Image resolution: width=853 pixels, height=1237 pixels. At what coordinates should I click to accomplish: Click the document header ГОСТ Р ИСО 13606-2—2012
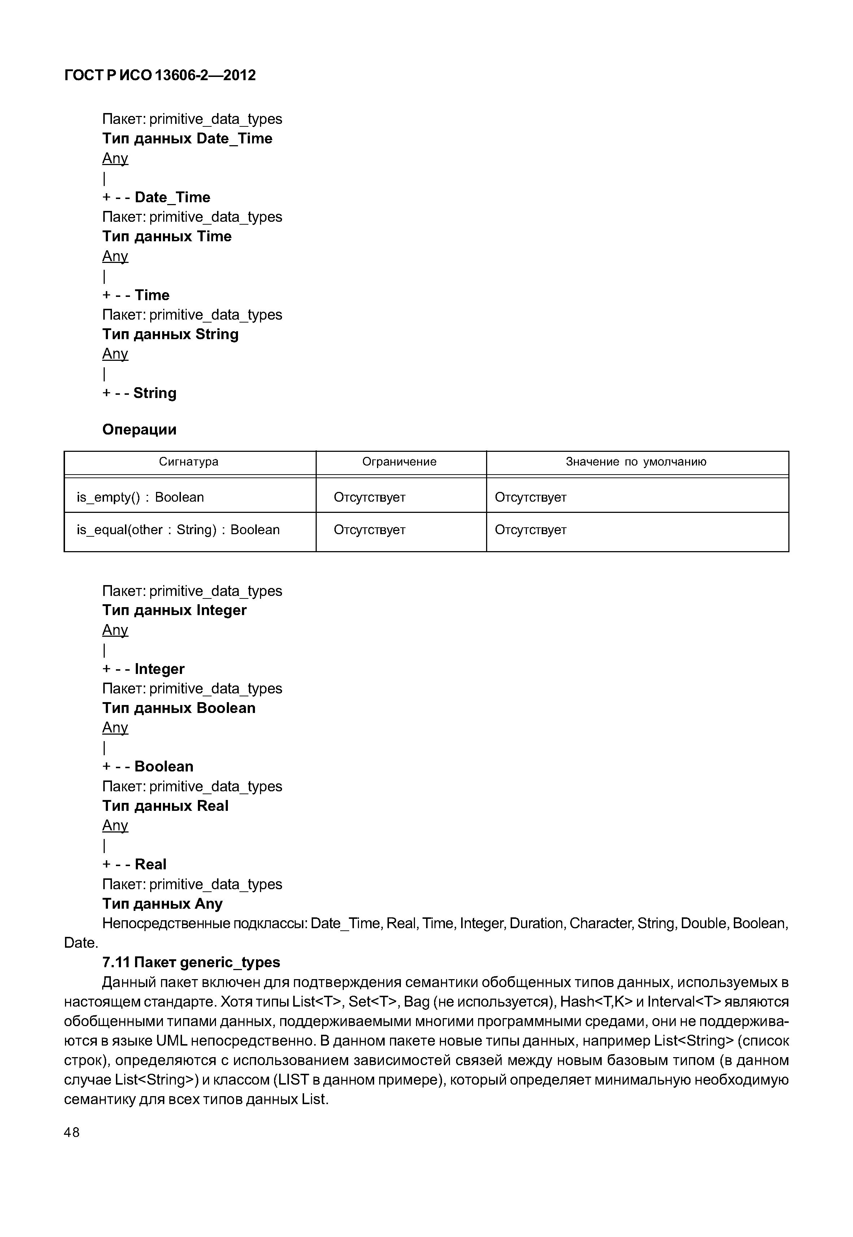tap(160, 75)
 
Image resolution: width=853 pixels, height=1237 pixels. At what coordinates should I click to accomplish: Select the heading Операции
tap(139, 430)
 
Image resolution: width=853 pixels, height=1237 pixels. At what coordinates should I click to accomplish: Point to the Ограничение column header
tap(399, 462)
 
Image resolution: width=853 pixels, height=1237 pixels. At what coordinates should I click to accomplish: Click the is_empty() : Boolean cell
tap(140, 497)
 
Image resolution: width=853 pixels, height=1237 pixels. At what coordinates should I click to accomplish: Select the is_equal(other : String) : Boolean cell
tap(178, 530)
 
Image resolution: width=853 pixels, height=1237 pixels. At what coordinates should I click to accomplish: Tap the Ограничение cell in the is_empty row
tap(369, 497)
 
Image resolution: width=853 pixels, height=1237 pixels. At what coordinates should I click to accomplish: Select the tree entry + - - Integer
tap(143, 669)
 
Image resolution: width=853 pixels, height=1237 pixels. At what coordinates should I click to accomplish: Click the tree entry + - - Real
tap(134, 864)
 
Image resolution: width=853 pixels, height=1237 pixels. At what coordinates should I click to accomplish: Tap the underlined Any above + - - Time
tap(115, 256)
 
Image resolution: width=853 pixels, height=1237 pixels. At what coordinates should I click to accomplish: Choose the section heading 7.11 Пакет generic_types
tap(191, 962)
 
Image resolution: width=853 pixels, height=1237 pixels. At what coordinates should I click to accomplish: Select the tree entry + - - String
tap(139, 393)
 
